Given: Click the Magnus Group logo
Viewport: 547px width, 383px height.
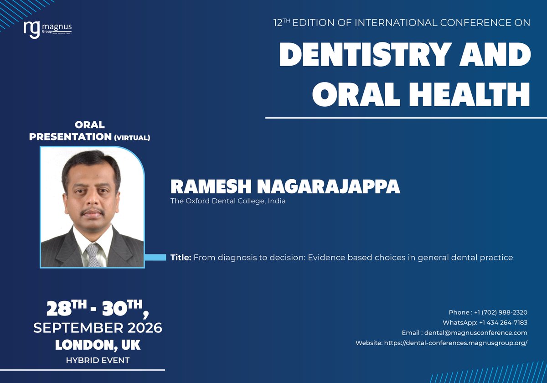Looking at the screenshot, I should click(47, 29).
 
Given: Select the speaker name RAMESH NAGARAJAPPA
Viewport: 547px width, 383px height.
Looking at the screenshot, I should click(285, 186).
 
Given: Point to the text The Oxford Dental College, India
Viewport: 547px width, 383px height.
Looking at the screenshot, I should click(228, 201).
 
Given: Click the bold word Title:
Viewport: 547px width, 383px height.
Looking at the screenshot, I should click(181, 258).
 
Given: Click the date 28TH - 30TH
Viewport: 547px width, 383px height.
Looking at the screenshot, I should click(98, 309).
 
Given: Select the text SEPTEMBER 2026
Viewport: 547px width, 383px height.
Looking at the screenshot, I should click(98, 328).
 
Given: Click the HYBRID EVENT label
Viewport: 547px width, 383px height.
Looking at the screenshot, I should click(98, 360).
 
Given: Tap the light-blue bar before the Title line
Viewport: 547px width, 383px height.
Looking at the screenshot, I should click(155, 258).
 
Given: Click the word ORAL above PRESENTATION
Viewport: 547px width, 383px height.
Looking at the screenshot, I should click(90, 125).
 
